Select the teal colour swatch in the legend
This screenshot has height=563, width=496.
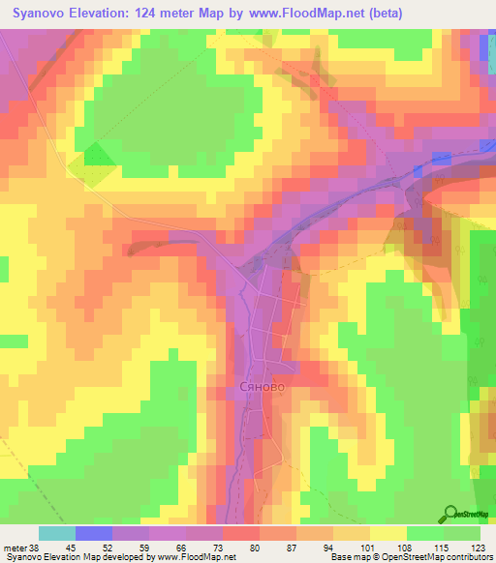pos(57,533)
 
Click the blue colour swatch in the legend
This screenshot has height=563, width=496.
pos(94,533)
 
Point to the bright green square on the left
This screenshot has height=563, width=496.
pos(98,155)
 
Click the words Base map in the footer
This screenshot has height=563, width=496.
pos(346,557)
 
